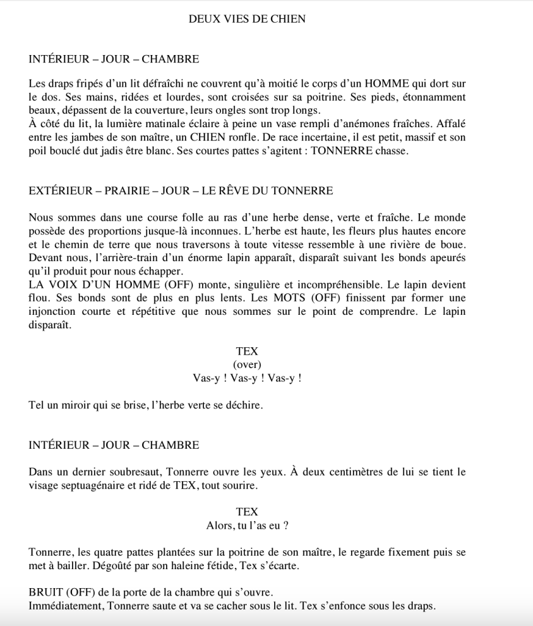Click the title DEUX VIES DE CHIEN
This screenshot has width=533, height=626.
247,19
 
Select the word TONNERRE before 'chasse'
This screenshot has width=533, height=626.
341,152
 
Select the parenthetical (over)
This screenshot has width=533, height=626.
247,365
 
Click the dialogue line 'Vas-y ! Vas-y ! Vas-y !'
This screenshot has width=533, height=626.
247,378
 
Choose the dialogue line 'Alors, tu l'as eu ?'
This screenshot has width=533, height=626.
247,525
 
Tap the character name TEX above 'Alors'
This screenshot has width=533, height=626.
247,512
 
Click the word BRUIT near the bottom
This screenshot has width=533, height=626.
45,593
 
